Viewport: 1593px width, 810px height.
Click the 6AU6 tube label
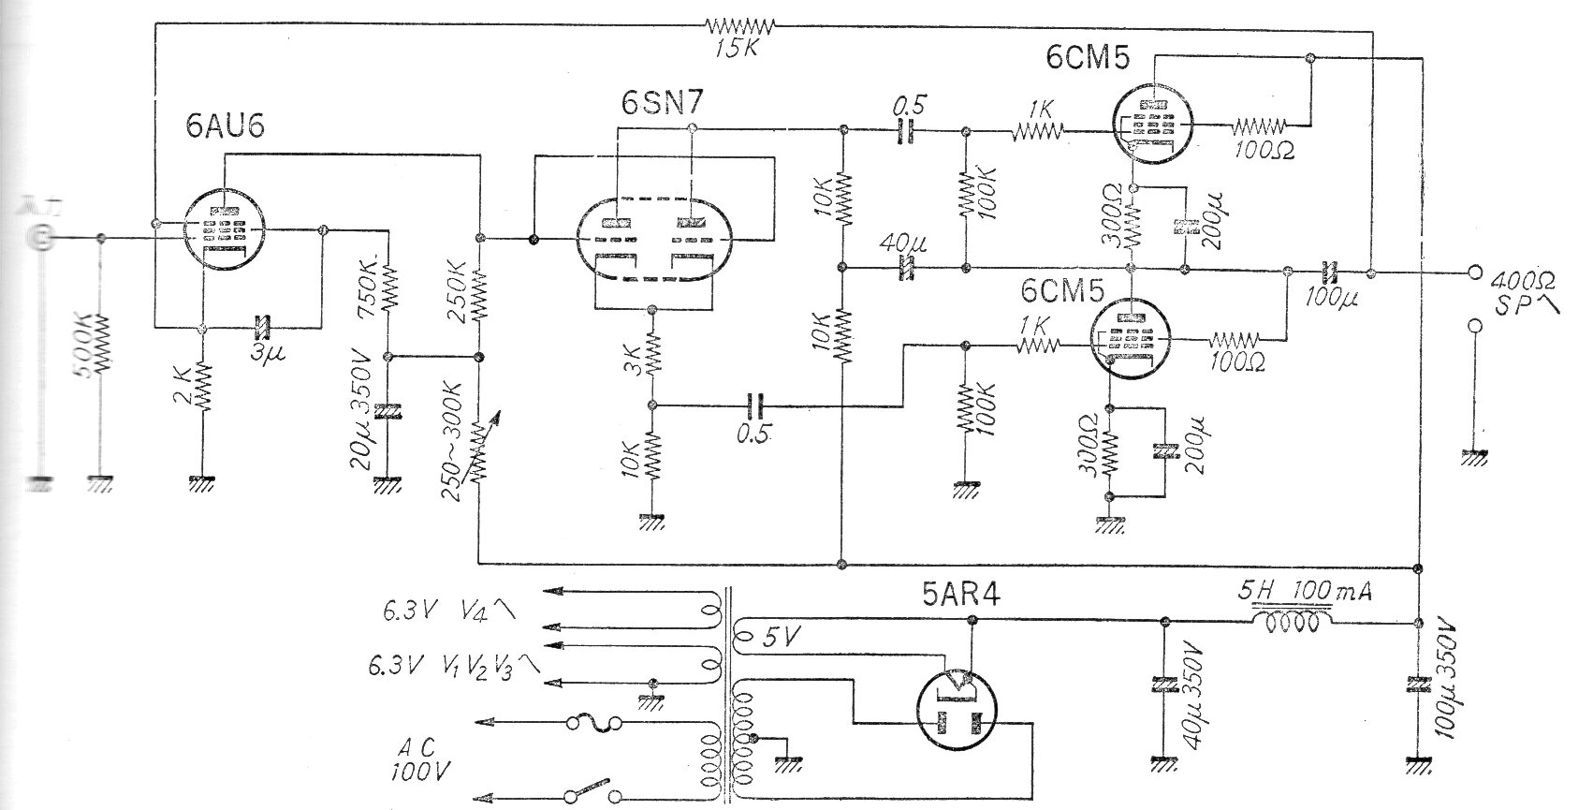click(225, 127)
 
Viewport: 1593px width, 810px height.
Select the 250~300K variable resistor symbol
click(478, 449)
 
